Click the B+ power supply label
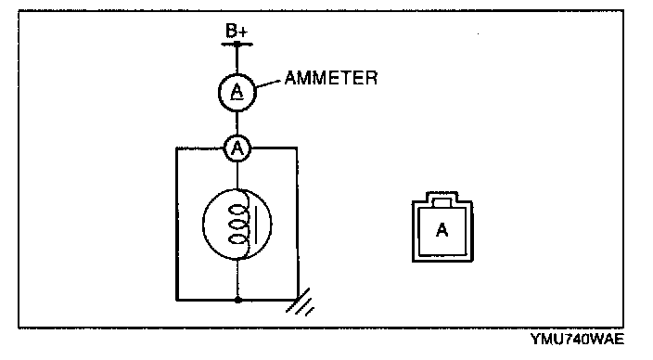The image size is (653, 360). coord(237,31)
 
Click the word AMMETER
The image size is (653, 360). coord(331,78)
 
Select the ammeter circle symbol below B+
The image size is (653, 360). coord(237,92)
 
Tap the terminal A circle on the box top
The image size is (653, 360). coord(237,148)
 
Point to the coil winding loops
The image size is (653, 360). coord(237,224)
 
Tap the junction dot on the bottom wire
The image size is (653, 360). coord(237,300)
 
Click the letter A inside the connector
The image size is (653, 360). coord(442,229)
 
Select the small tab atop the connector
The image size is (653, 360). coord(442,203)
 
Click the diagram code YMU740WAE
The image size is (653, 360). coord(577,340)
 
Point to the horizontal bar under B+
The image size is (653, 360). coord(237,44)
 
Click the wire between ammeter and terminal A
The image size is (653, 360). coord(237,122)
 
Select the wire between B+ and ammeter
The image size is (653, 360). coord(237,59)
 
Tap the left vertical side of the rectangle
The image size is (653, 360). coord(176,224)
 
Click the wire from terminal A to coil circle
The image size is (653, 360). coord(237,175)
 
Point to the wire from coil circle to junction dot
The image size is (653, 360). coord(237,278)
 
